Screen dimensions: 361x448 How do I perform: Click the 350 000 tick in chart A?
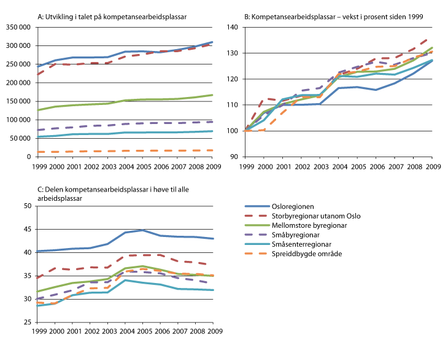(18, 27)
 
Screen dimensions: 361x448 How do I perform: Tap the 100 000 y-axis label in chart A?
(18, 120)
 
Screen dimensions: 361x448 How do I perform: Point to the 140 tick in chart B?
(234, 27)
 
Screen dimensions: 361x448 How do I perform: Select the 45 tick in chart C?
(27, 229)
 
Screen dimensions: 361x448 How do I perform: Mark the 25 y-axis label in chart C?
(27, 322)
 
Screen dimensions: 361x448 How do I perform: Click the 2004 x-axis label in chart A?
(127, 166)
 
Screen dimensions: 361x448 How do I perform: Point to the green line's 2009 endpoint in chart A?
(213, 95)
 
